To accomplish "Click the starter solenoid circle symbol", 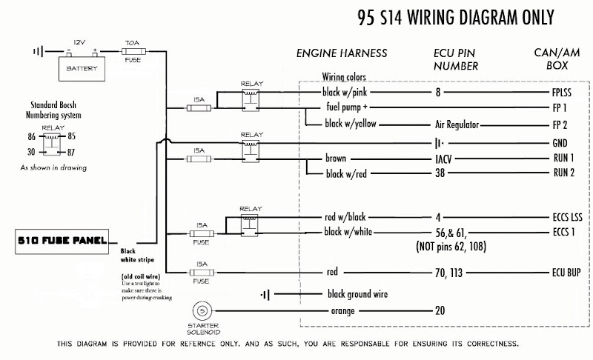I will pos(201,310).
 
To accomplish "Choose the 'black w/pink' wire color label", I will pos(349,93).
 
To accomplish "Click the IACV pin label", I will pos(440,159).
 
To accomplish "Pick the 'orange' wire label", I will pos(343,310).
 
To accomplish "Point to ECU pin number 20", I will pos(440,310).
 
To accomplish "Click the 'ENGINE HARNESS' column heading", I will pos(341,54).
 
